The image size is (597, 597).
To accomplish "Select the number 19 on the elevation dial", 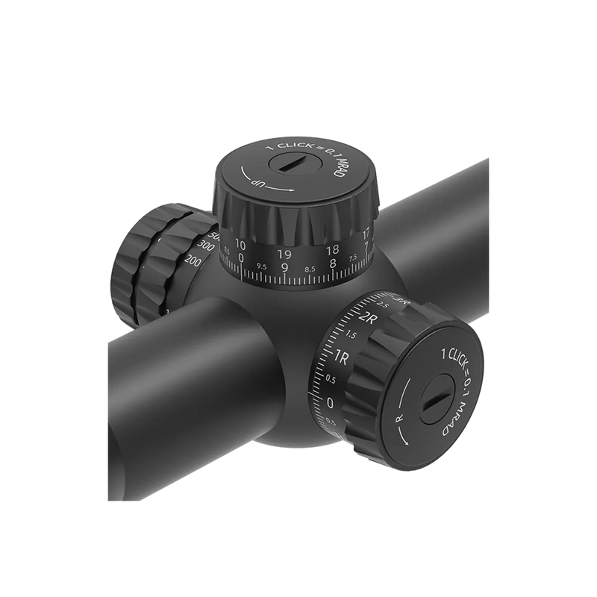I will tap(284, 254).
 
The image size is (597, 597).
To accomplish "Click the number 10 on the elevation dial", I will tap(240, 244).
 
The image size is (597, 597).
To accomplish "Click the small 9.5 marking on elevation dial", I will tap(261, 266).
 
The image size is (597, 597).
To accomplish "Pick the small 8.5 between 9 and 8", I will tap(308, 268).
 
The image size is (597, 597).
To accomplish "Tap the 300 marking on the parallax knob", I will tap(200, 246).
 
